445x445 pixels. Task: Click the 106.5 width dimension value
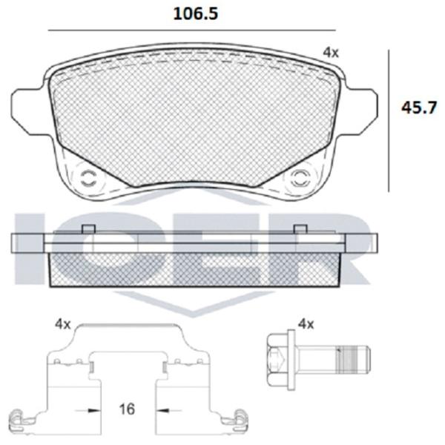[x=196, y=13]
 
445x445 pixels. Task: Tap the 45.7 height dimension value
[x=418, y=108]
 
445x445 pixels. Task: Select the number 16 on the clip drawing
[x=127, y=409]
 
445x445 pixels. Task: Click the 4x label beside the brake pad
[x=331, y=53]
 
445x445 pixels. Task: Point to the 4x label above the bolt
[x=306, y=324]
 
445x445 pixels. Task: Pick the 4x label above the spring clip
[x=63, y=324]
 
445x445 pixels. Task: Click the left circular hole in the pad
[x=88, y=179]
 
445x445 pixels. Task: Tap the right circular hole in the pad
[x=301, y=179]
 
